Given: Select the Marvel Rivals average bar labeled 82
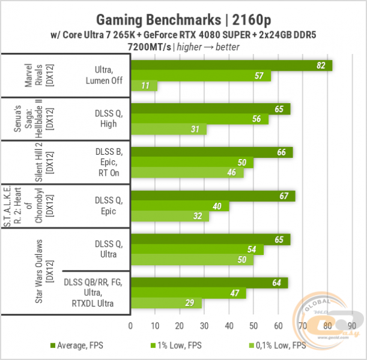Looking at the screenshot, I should [x=231, y=66].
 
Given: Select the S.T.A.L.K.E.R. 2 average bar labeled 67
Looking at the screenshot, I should [x=213, y=196].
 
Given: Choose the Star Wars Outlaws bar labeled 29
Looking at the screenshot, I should [x=166, y=303].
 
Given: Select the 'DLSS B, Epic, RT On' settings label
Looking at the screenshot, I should [x=109, y=163].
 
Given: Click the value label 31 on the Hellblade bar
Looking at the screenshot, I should [x=195, y=130].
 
